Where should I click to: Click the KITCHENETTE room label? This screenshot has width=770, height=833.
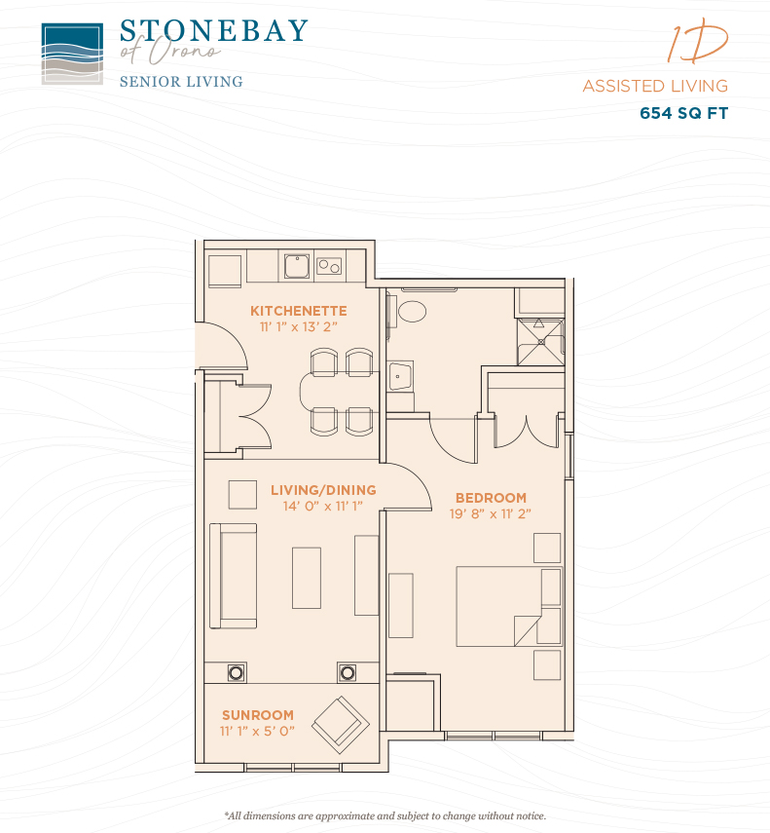click(298, 311)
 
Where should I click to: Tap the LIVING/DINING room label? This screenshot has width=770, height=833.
click(323, 490)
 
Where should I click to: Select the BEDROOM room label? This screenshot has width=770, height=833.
click(491, 498)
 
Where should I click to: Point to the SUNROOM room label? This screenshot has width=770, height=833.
click(257, 715)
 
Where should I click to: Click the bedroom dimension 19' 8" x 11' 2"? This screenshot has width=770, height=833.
click(490, 513)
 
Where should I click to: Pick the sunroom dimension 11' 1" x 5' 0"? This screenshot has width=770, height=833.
click(257, 731)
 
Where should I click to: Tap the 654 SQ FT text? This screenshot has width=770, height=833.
click(683, 113)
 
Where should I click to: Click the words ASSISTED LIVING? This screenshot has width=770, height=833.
click(655, 86)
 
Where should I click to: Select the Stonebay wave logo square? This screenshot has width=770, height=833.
click(72, 54)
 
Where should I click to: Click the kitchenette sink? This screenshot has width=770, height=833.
click(297, 266)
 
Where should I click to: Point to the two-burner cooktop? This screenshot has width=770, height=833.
click(329, 266)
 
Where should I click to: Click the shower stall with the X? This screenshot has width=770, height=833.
click(540, 342)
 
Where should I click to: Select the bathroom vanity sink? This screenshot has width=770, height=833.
click(400, 377)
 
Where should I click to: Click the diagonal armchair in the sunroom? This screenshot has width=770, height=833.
click(340, 725)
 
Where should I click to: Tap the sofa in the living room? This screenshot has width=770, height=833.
click(233, 576)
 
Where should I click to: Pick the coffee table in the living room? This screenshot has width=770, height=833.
click(307, 578)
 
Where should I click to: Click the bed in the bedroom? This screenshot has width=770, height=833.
click(508, 606)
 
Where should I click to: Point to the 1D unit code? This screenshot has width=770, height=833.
click(697, 42)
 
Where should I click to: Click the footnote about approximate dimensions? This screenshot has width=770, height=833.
click(385, 815)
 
